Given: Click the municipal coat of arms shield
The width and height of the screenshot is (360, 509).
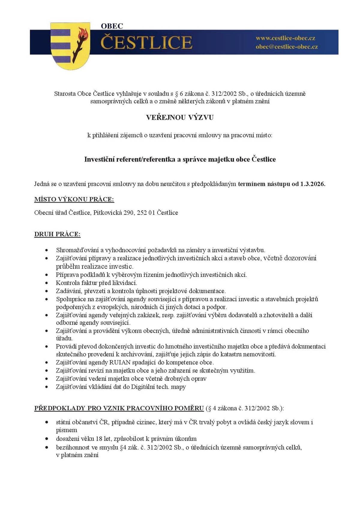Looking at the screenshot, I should [70, 46].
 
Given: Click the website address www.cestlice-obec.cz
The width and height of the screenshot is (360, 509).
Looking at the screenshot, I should [285, 38].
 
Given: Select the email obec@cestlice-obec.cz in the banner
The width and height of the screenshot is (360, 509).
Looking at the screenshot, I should [286, 47].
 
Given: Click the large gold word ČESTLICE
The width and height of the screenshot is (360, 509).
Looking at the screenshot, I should [146, 42].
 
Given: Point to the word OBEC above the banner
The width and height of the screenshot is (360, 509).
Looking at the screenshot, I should [112, 26].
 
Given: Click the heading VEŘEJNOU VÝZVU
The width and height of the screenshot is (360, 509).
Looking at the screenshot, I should [180, 117].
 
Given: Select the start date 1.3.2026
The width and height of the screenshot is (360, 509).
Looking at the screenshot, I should [313, 184].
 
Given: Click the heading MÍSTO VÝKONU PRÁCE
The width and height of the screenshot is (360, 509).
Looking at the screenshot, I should [74, 199].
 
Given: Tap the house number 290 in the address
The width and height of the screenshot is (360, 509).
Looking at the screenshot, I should [128, 213].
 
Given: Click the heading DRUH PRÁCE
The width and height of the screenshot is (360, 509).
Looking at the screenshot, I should [57, 234].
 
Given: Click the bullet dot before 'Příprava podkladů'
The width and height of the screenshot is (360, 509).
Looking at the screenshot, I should [46, 275].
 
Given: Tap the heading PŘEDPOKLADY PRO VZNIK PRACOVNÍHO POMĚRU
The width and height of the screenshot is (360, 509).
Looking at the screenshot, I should [119, 408].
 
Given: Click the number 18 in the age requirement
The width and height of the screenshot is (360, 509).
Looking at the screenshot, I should [99, 439].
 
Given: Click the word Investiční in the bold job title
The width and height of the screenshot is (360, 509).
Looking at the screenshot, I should [97, 159].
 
